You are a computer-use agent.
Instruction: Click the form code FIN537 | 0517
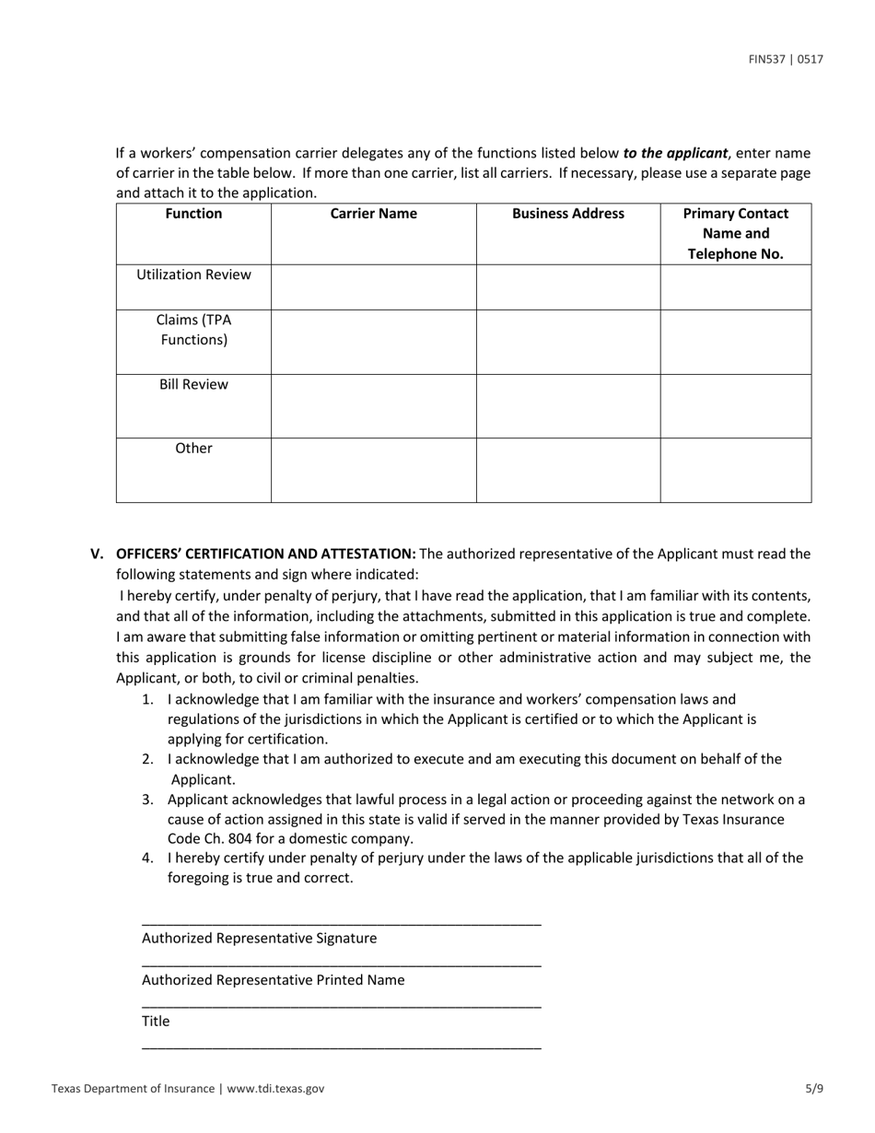click(786, 60)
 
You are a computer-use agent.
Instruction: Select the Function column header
click(193, 214)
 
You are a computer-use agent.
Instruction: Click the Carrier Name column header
click(373, 214)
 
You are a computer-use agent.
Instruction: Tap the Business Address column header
click(567, 214)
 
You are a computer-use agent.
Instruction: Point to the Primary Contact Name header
click(735, 234)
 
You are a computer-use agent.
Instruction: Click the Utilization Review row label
click(193, 274)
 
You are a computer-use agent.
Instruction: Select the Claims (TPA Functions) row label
click(193, 330)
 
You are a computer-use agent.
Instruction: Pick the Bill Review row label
click(193, 384)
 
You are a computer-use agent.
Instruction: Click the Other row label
click(193, 449)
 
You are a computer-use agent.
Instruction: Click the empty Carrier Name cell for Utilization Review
click(373, 287)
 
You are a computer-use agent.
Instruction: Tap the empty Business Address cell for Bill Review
click(567, 406)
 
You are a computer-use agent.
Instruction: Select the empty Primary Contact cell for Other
click(735, 471)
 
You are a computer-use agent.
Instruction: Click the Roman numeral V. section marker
click(98, 554)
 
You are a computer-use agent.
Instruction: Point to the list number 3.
click(147, 799)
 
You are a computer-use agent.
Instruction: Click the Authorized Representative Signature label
click(259, 938)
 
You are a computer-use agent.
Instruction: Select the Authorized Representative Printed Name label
click(273, 979)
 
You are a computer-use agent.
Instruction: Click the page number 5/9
click(813, 1088)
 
